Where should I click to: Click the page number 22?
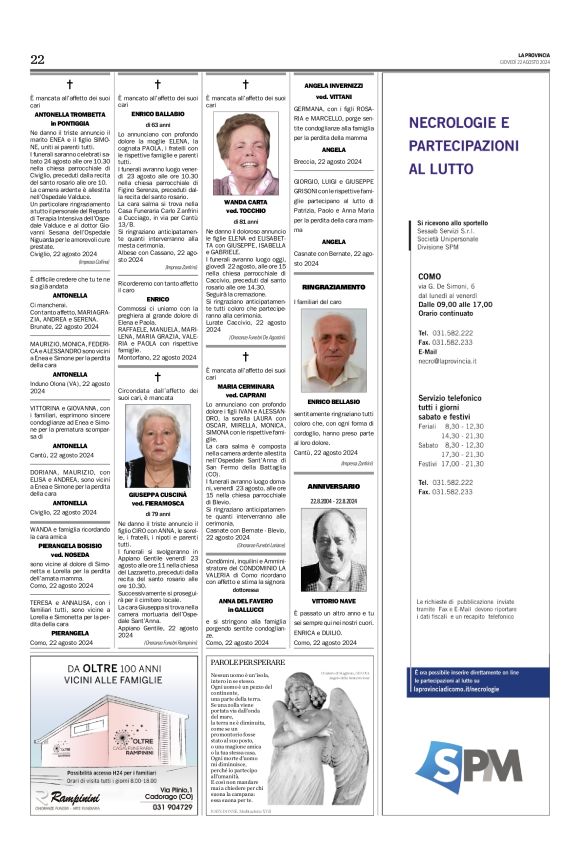[x=37, y=60]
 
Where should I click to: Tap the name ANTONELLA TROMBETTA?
[x=69, y=114]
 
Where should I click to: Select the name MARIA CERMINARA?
[x=245, y=385]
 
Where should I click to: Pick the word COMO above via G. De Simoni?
[x=429, y=275]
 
